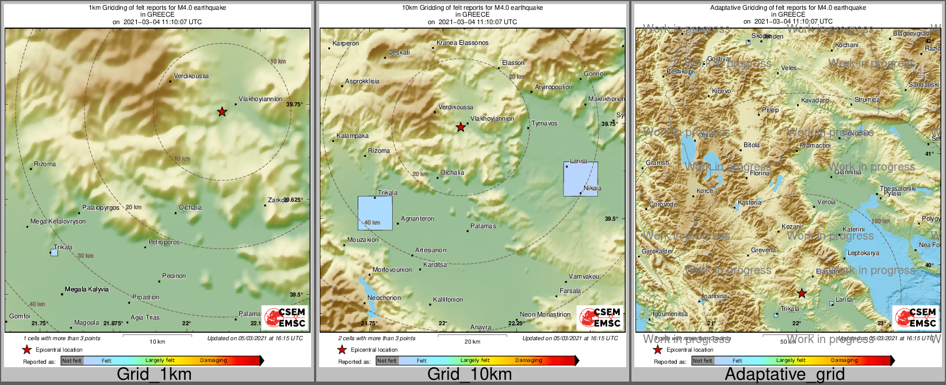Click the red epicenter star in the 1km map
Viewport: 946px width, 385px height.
pos(222,112)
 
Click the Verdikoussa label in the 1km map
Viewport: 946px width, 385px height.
pos(192,76)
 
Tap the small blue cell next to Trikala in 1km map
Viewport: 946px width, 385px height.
pos(54,252)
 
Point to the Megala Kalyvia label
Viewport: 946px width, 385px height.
pos(87,289)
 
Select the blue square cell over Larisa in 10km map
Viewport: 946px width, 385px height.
pos(580,179)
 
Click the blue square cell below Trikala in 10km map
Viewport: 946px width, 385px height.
pos(375,213)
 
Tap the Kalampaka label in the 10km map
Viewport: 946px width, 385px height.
pos(353,136)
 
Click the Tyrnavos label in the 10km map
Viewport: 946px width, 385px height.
pos(544,124)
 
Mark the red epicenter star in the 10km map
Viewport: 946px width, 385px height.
pos(460,128)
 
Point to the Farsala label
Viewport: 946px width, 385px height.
pos(570,291)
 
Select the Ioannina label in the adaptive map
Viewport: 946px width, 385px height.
pos(714,297)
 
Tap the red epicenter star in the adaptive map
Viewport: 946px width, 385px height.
pos(802,294)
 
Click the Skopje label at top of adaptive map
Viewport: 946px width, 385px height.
pos(760,36)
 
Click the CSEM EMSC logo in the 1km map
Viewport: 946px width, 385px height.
pos(285,317)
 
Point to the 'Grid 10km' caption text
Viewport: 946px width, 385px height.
pos(469,375)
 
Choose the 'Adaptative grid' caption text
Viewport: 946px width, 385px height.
pos(784,375)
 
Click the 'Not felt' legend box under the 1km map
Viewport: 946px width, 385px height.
pos(72,361)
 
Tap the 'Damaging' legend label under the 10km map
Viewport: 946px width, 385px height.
pos(528,361)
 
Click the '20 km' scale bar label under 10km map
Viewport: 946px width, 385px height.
pos(472,342)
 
